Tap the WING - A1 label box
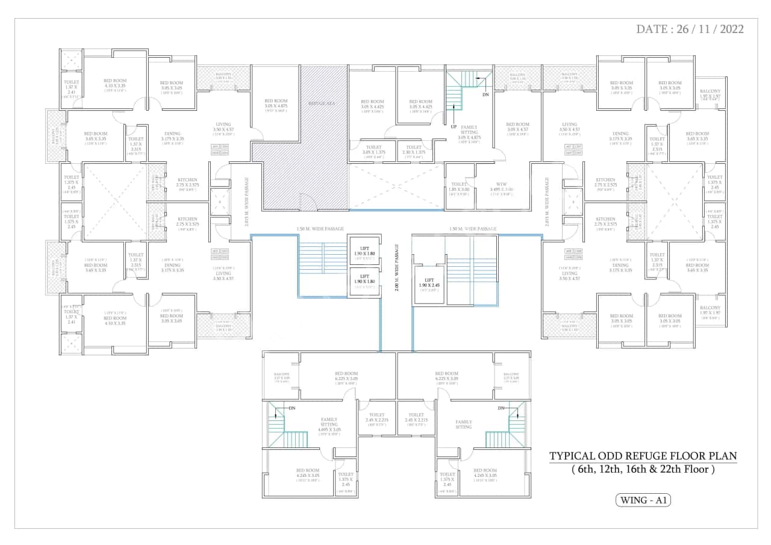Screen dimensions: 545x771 tap(643, 500)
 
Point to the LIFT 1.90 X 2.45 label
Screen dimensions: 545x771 tap(429, 284)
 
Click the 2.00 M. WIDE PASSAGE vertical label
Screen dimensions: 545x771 tap(397, 268)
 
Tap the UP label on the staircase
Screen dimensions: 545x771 tap(454, 127)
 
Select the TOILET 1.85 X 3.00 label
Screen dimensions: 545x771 tap(459, 189)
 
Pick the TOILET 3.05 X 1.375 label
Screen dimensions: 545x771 tap(373, 151)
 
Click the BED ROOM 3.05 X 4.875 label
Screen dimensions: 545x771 tap(276, 104)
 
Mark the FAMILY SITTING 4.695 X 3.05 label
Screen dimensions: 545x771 tap(329, 425)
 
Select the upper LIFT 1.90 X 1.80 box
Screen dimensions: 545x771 tap(365, 251)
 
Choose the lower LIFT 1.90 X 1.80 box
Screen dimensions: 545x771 tap(365, 282)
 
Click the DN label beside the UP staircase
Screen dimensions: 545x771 tap(485, 95)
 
